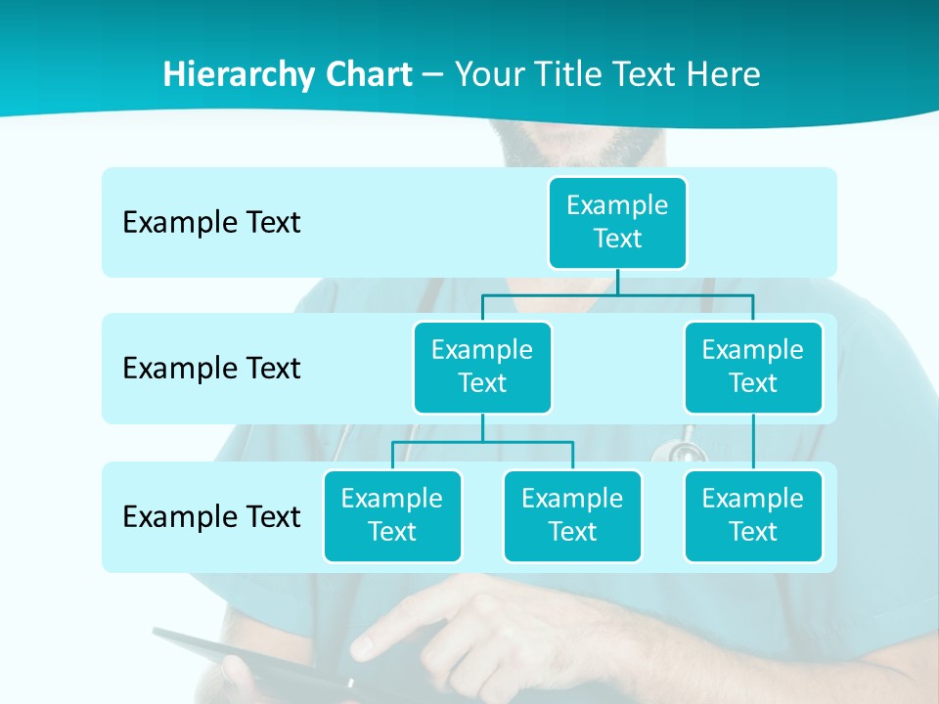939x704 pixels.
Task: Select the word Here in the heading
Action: pos(724,74)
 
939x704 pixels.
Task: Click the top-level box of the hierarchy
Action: pos(617,223)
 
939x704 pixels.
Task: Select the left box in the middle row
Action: pos(482,368)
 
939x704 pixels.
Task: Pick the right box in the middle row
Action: pos(753,368)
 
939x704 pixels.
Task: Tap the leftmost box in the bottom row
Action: pos(392,516)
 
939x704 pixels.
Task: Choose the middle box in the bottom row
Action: pos(572,516)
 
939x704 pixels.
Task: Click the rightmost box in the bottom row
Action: pos(753,516)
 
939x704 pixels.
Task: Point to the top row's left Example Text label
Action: pos(211,223)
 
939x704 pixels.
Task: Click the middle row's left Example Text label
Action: pos(211,369)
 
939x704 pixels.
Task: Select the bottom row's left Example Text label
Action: pos(211,516)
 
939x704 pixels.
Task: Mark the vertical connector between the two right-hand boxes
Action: pos(753,442)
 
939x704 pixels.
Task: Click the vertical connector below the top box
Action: pos(617,282)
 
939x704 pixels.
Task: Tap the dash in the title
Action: pos(433,75)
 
